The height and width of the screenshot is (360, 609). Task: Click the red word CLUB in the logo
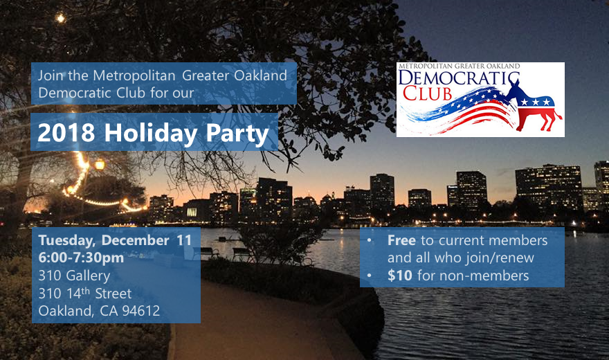[428, 93]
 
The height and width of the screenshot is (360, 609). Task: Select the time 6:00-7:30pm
[82, 258]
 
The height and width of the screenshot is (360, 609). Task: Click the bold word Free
[401, 241]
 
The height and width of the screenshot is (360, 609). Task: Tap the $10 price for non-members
[399, 276]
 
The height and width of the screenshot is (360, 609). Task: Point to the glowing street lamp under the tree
[99, 164]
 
